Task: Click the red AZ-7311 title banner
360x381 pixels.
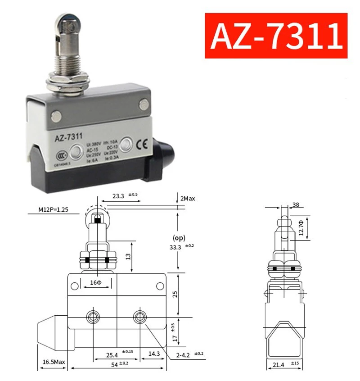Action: point(276,36)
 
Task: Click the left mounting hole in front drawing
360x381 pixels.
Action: point(93,316)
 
